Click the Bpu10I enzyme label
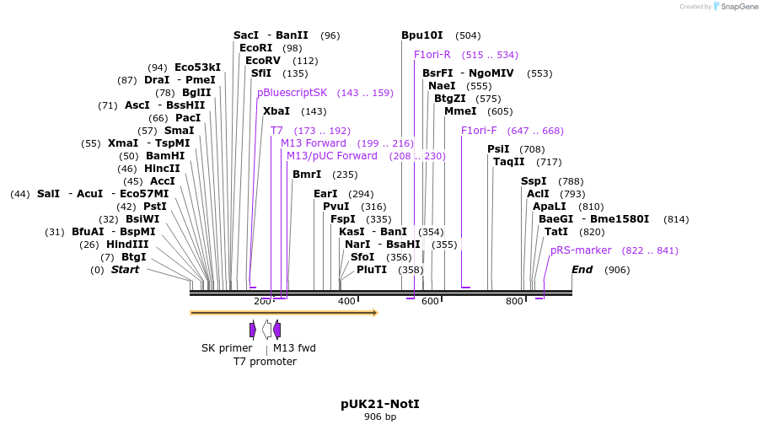(421, 35)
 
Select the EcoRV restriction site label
(262, 61)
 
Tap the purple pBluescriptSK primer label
(292, 93)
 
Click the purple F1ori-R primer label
(432, 55)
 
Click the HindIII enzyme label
(127, 245)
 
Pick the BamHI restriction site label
(165, 156)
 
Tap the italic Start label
(125, 270)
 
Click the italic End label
(582, 270)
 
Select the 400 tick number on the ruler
(346, 301)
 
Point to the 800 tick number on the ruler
(514, 301)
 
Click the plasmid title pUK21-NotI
(380, 404)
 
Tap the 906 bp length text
(380, 417)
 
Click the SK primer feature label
(226, 347)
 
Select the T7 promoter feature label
(265, 362)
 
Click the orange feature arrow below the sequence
(283, 313)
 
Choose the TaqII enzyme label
(508, 162)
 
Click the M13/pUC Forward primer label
(332, 156)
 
